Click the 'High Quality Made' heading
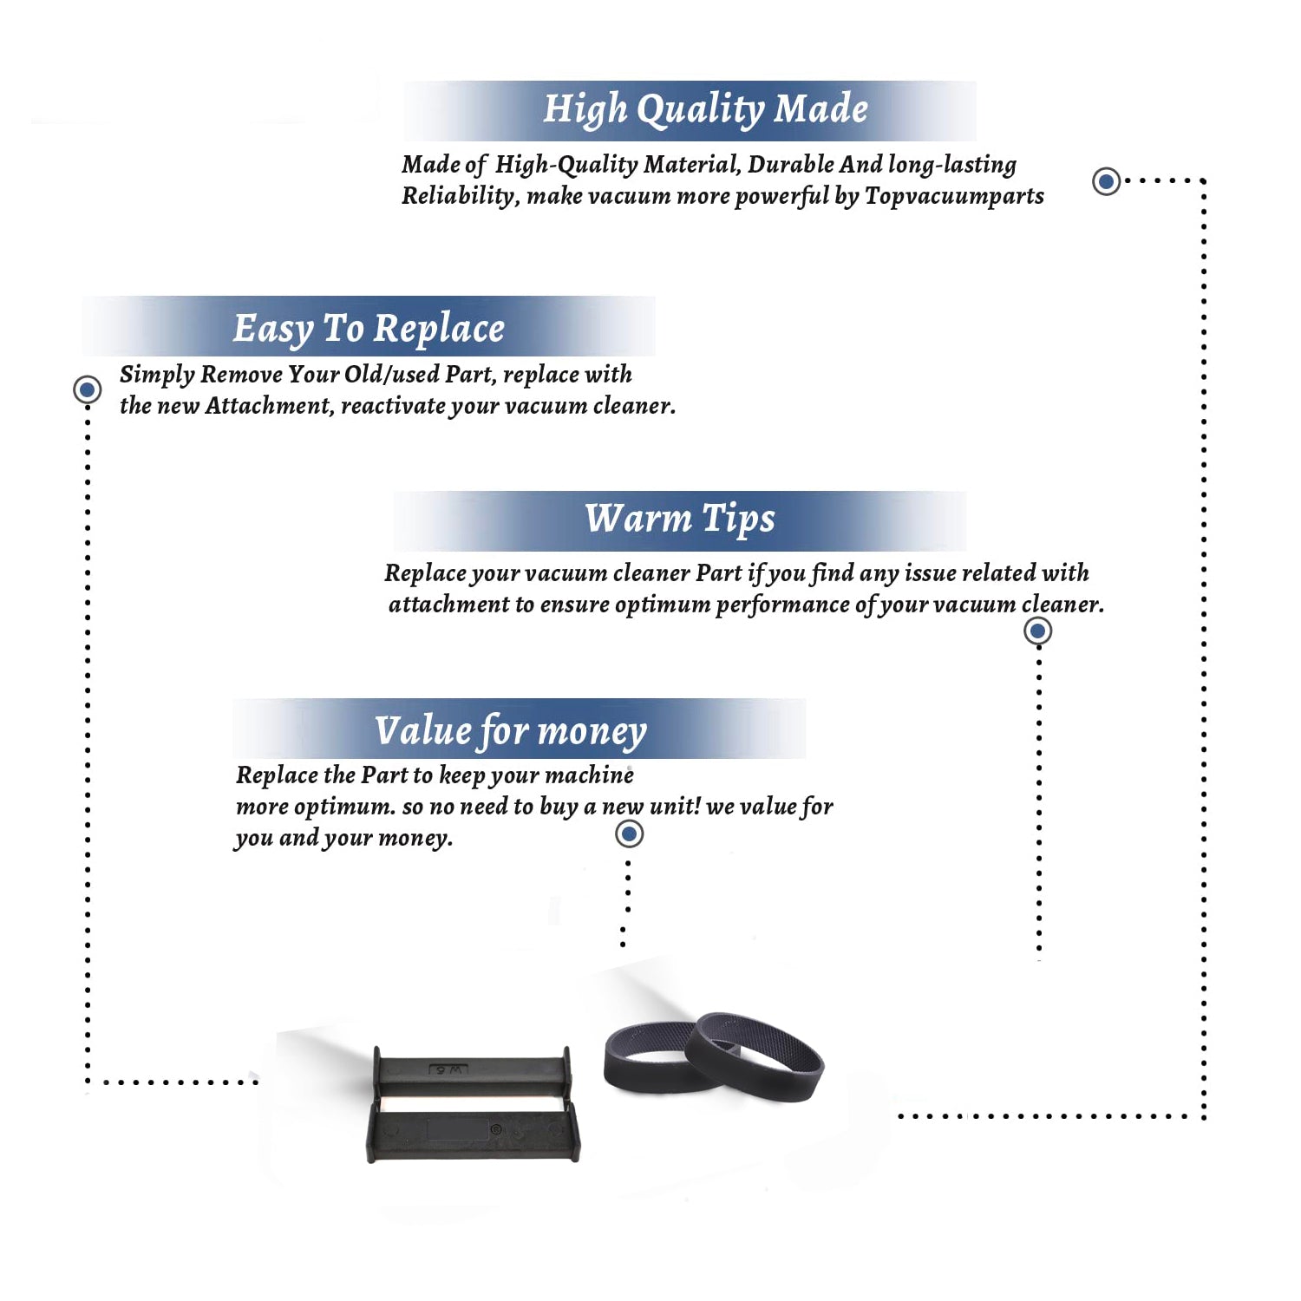point(705,110)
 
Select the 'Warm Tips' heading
point(679,519)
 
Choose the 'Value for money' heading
point(511,731)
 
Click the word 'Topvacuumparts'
point(954,197)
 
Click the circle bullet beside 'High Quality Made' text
point(1106,181)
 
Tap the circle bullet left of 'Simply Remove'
point(87,389)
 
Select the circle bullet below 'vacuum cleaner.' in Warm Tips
point(1038,631)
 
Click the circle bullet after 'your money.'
point(629,834)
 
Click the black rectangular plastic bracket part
point(474,1104)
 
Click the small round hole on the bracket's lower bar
point(496,1129)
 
